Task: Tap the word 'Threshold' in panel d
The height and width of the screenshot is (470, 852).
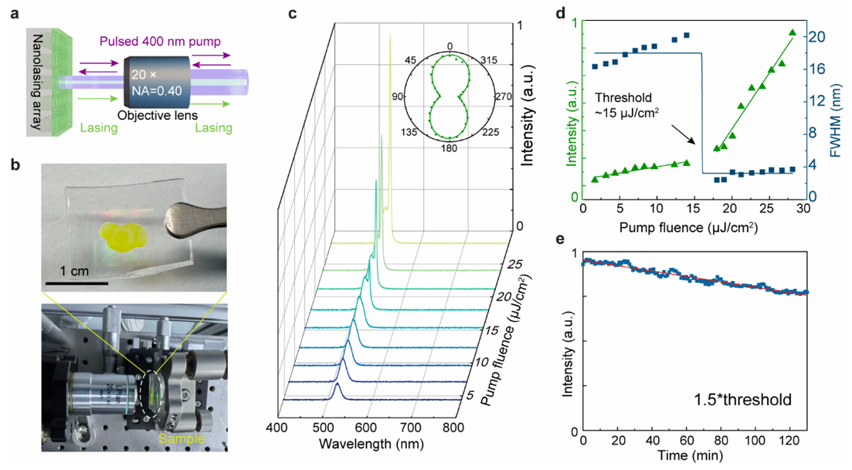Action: tap(623, 98)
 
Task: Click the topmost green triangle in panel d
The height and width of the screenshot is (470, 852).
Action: tap(792, 32)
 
